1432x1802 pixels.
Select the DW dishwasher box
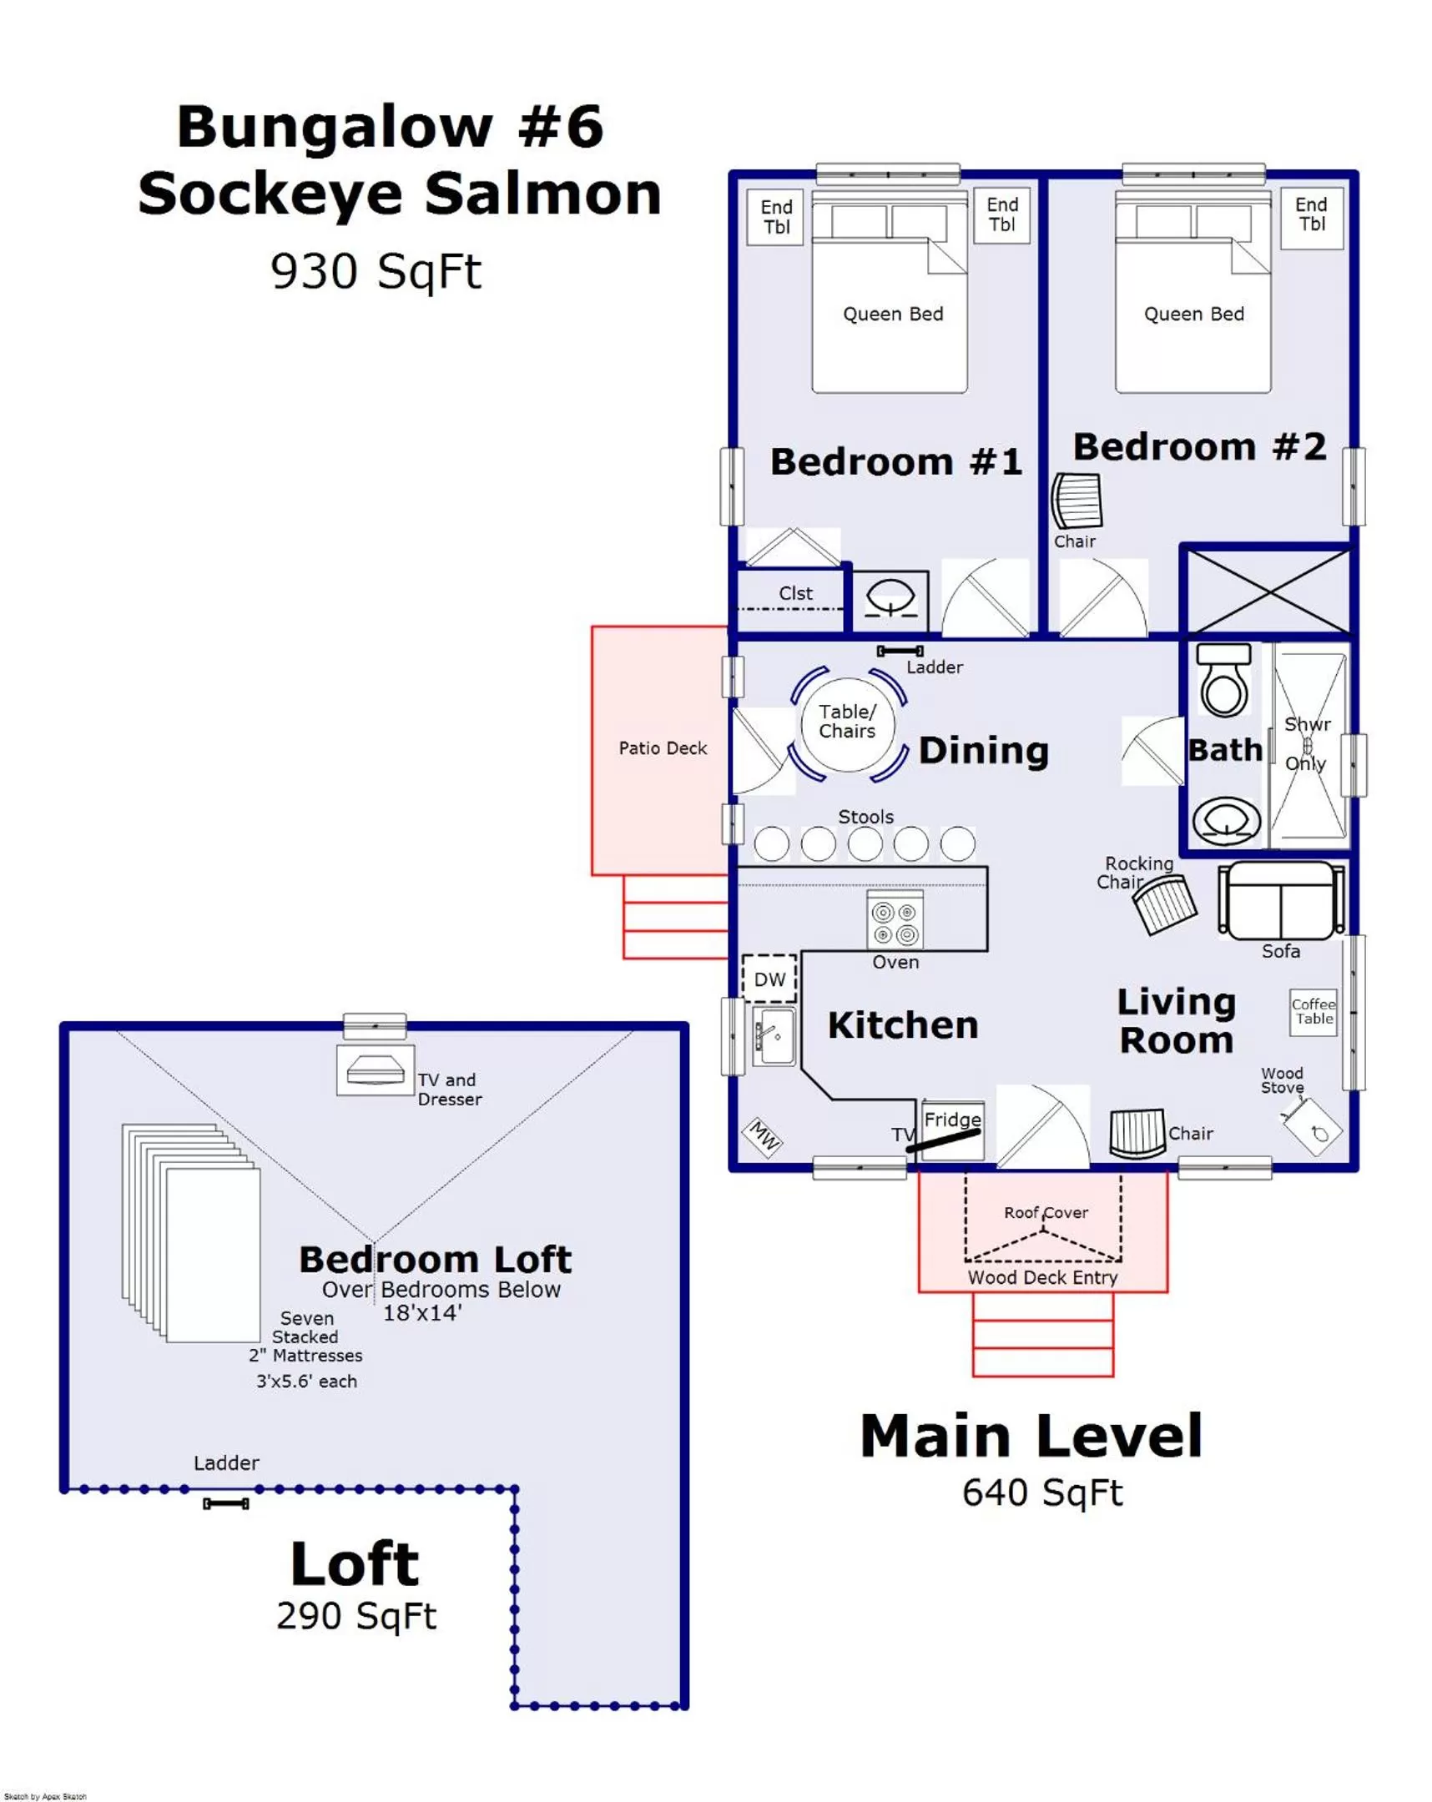pyautogui.click(x=769, y=978)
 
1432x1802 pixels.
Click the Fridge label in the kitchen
pyautogui.click(x=951, y=1119)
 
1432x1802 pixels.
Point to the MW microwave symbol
pyautogui.click(x=763, y=1137)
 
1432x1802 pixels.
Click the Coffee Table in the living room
pyautogui.click(x=1313, y=1011)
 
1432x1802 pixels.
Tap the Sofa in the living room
pyautogui.click(x=1281, y=902)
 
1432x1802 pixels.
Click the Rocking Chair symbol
pyautogui.click(x=1164, y=905)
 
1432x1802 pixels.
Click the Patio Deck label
pyautogui.click(x=662, y=748)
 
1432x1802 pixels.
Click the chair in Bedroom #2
pyautogui.click(x=1077, y=501)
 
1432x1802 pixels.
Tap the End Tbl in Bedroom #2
pyautogui.click(x=1311, y=214)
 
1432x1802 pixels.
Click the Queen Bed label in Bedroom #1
pyautogui.click(x=892, y=315)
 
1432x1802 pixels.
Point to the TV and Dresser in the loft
pyautogui.click(x=376, y=1069)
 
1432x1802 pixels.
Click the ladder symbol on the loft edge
pyautogui.click(x=225, y=1503)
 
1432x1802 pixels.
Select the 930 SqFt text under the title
pyautogui.click(x=376, y=272)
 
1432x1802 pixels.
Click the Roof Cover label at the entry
pyautogui.click(x=1045, y=1212)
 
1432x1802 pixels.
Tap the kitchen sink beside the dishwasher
pyautogui.click(x=774, y=1036)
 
